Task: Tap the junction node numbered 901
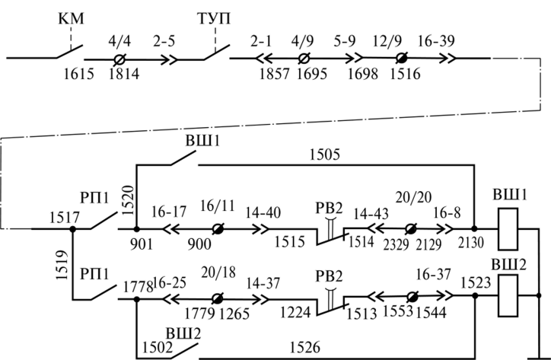tap(136, 228)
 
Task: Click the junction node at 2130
tap(473, 228)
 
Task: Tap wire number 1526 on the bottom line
tap(304, 349)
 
